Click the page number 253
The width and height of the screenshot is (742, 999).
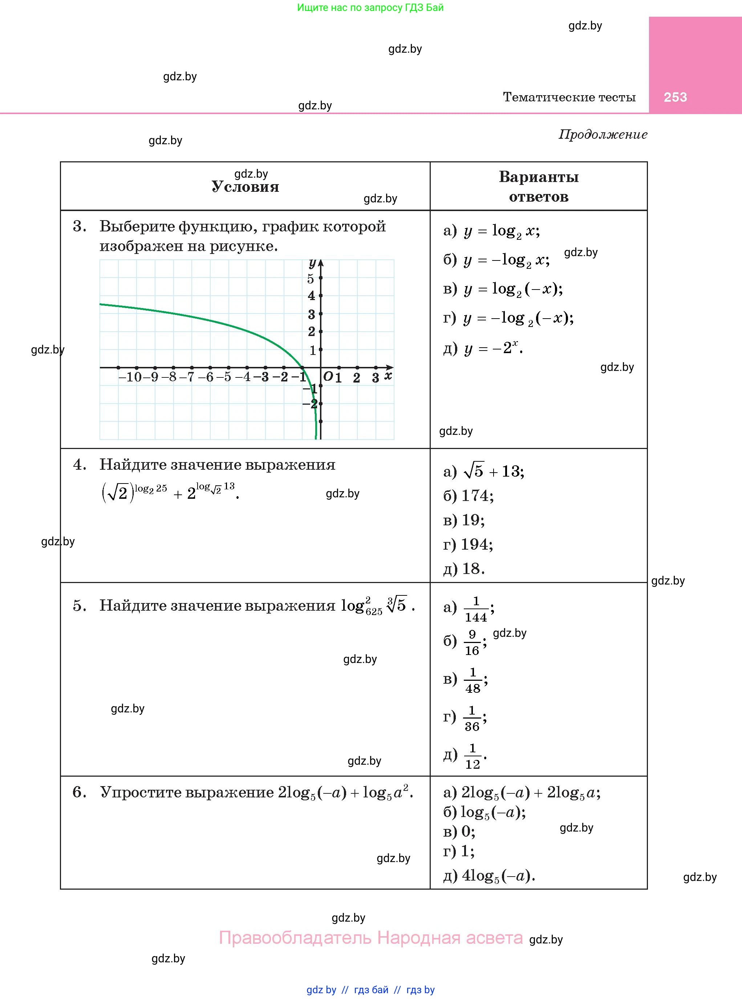pyautogui.click(x=675, y=97)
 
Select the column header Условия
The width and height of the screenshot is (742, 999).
pyautogui.click(x=245, y=186)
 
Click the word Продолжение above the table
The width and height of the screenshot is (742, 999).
pyautogui.click(x=603, y=134)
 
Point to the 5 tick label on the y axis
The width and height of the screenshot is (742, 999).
pyautogui.click(x=311, y=279)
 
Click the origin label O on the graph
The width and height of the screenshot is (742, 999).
pyautogui.click(x=328, y=376)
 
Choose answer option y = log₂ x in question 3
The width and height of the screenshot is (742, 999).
pyautogui.click(x=502, y=231)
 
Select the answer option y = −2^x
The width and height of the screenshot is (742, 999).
pyautogui.click(x=493, y=348)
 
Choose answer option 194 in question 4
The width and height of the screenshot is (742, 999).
pyautogui.click(x=477, y=545)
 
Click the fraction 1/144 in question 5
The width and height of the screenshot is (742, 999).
pyautogui.click(x=476, y=609)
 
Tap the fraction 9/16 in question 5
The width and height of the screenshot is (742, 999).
pyautogui.click(x=472, y=642)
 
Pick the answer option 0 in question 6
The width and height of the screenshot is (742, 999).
pyautogui.click(x=467, y=832)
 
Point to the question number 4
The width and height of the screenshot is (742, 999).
pyautogui.click(x=80, y=465)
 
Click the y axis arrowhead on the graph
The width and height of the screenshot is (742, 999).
pyautogui.click(x=321, y=263)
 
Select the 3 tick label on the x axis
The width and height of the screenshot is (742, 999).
pyautogui.click(x=376, y=378)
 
